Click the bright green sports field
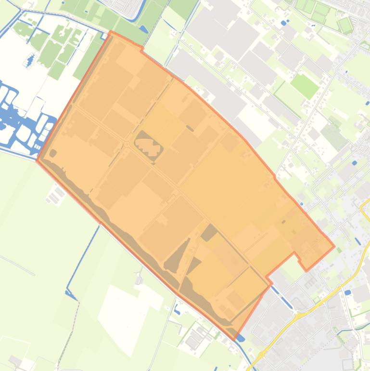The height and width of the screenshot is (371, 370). (x=305, y=86)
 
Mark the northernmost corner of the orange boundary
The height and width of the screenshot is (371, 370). (x=111, y=32)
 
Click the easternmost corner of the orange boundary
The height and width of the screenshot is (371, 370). (x=334, y=247)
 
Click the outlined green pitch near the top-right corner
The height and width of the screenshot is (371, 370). (x=345, y=24)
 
